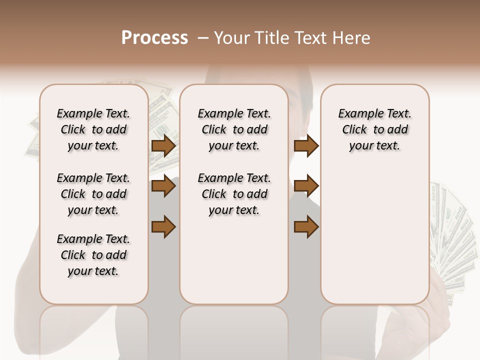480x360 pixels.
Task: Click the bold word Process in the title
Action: (x=154, y=38)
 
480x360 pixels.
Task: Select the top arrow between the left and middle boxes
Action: (x=163, y=145)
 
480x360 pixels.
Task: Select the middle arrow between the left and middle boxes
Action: (x=163, y=186)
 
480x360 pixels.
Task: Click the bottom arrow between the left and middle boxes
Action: (x=163, y=226)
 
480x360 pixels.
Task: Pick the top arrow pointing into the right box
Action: (x=306, y=145)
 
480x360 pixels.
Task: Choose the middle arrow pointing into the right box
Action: (x=306, y=186)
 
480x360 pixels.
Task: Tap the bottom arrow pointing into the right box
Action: (x=306, y=226)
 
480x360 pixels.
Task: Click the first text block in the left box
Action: (x=93, y=129)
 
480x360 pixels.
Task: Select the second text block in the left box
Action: (x=93, y=194)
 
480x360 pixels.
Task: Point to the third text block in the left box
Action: (x=93, y=255)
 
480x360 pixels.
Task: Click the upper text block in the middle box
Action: (x=234, y=129)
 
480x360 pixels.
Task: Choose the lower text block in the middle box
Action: (x=234, y=194)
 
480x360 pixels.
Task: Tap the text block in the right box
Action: (x=374, y=129)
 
